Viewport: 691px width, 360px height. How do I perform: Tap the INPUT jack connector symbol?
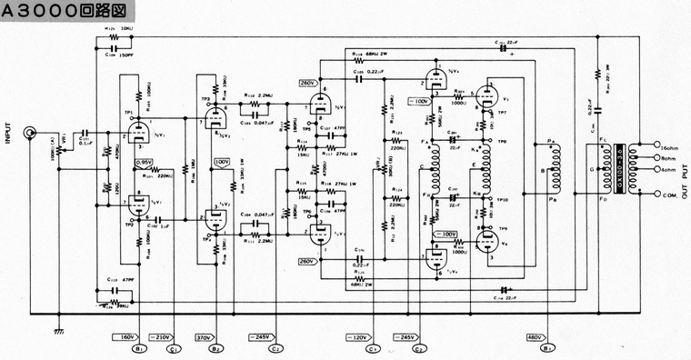click(33, 134)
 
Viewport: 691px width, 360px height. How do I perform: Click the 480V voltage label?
click(536, 335)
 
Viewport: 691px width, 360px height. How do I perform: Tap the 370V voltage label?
click(205, 335)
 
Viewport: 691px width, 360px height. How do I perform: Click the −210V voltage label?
click(161, 335)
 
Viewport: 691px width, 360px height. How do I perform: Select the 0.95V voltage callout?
click(144, 163)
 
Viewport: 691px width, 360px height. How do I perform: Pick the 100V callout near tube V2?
click(222, 162)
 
